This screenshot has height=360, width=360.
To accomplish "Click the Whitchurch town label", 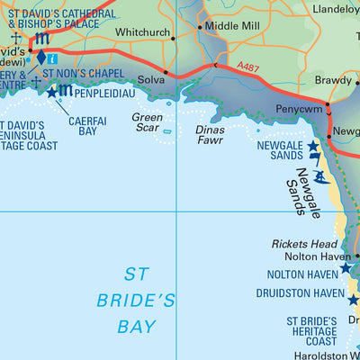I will click(x=143, y=32).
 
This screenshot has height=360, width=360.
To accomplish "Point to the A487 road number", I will click(x=252, y=66).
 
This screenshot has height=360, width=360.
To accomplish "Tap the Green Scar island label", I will click(x=148, y=123).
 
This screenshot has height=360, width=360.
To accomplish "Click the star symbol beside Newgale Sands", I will click(x=313, y=146).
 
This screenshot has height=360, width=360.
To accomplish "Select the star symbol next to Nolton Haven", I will click(x=346, y=268).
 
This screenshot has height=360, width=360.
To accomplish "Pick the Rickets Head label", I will click(x=304, y=245).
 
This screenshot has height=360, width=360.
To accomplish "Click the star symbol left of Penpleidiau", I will click(x=51, y=92).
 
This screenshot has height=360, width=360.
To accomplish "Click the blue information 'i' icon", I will click(x=53, y=59).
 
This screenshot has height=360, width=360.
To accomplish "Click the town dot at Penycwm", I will click(x=328, y=105).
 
